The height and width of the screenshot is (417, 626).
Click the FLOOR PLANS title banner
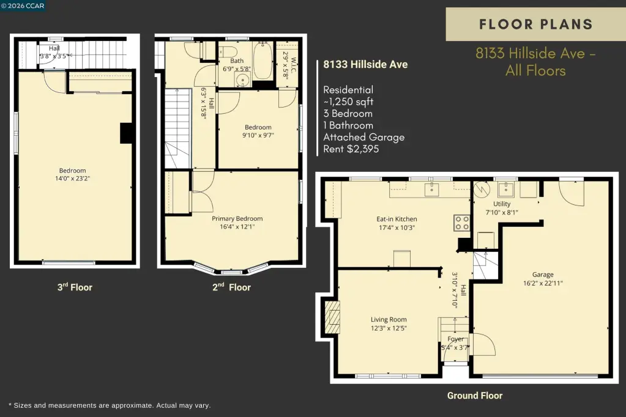click(535, 24)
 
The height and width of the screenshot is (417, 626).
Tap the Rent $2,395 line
click(351, 149)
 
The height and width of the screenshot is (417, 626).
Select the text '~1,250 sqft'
click(348, 101)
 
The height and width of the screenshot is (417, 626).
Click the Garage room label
click(543, 275)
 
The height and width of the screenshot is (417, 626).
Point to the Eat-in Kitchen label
click(397, 219)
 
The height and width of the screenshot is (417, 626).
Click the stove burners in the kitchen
click(462, 223)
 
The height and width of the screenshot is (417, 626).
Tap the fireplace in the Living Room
click(332, 317)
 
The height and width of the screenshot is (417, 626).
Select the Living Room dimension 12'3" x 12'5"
click(389, 328)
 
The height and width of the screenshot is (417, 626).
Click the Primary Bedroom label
click(237, 219)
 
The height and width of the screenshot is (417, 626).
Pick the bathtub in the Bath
click(263, 61)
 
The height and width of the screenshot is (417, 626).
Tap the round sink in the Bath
click(242, 81)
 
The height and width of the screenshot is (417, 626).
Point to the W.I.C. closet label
click(294, 66)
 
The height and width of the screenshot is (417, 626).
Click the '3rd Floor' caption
click(75, 287)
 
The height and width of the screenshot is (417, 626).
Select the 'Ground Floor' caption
click(475, 396)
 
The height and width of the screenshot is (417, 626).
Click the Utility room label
click(502, 204)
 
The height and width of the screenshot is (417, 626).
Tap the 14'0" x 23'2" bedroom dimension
click(73, 179)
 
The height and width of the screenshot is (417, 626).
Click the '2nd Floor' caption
click(231, 287)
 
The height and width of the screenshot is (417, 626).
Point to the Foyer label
click(455, 339)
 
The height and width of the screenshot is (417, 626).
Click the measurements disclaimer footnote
click(110, 405)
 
